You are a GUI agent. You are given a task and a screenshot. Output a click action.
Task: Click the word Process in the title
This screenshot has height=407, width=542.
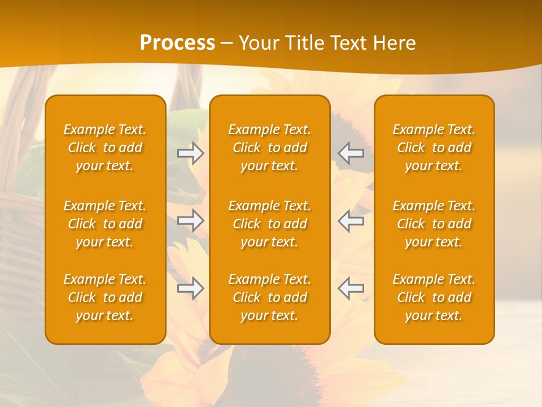coord(177,43)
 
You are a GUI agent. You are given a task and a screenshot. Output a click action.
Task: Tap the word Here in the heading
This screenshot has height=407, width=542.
coord(394,43)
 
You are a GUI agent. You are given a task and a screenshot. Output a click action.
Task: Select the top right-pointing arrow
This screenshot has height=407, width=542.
coord(191,153)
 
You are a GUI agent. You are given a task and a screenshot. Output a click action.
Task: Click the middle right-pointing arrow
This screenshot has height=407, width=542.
coord(191,220)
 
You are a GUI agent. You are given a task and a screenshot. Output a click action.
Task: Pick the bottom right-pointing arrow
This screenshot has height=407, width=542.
coord(191,288)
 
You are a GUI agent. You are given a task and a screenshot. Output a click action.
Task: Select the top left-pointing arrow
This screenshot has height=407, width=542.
coord(351,153)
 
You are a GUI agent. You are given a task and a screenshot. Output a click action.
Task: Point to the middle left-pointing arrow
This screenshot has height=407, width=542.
coord(351,220)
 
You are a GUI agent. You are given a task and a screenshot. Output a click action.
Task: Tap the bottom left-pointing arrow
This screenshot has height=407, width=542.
coord(351,288)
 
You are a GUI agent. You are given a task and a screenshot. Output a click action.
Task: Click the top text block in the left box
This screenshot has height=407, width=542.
coord(105,148)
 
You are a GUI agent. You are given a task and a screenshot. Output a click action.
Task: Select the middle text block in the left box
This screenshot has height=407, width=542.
coord(105,224)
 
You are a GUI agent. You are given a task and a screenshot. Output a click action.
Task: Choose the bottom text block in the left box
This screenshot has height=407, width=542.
coord(105,297)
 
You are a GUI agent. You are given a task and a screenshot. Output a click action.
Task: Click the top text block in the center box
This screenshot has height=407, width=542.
coord(269,148)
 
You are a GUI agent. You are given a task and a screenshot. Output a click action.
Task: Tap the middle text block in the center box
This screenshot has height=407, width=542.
coord(269,224)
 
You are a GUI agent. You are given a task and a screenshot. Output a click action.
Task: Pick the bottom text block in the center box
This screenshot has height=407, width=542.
coord(269,297)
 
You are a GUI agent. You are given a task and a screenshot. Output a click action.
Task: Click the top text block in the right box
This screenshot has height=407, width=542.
coord(434,148)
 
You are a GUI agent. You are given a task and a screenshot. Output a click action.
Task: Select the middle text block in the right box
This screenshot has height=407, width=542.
coord(434,224)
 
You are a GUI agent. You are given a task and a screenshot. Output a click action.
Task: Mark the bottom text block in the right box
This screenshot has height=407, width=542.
coord(434,297)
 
